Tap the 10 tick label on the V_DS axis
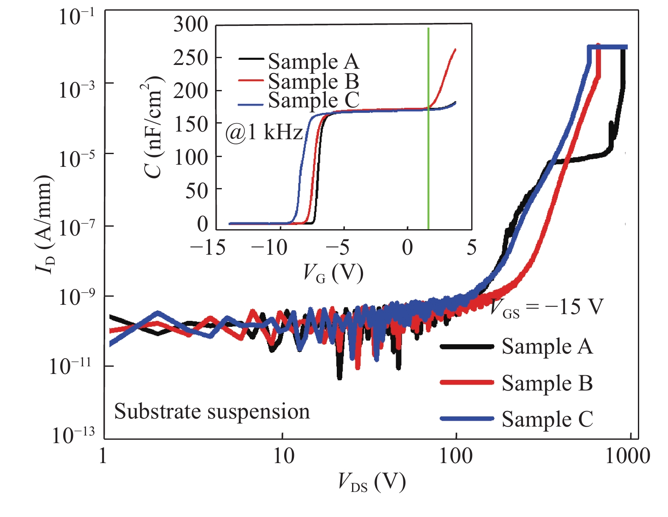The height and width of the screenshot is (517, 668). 283,457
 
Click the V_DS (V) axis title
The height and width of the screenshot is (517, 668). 372,482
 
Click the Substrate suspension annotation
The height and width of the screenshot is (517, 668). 212,411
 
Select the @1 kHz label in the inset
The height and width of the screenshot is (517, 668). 264,132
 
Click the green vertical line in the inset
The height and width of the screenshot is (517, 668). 428,127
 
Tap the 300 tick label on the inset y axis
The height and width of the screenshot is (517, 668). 190,24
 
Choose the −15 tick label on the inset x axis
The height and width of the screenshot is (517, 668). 208,247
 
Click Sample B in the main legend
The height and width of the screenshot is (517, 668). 547,383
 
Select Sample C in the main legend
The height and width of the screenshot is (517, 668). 547,419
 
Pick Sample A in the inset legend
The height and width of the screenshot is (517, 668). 313,62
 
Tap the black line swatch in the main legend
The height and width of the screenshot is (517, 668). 467,346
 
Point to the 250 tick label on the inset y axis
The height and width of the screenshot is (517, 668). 190,58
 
